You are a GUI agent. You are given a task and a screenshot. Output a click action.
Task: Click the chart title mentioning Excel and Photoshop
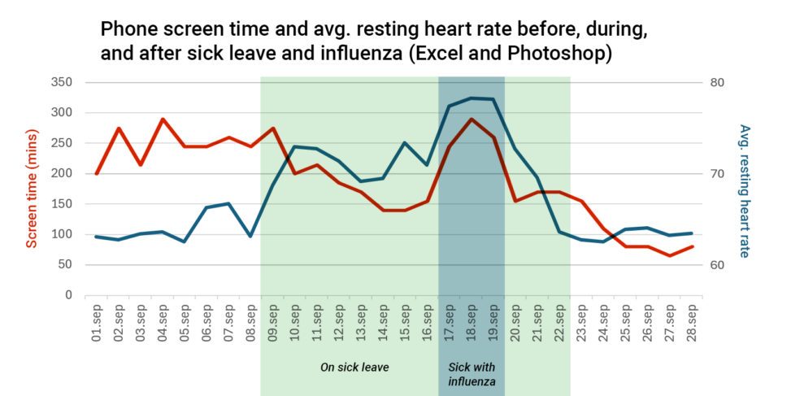pyautogui.click(x=374, y=43)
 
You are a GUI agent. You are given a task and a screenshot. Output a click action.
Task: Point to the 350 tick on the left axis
pyautogui.click(x=62, y=83)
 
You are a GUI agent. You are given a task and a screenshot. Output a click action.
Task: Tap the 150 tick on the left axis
pyautogui.click(x=62, y=204)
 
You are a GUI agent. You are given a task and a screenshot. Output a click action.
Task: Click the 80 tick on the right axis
pyautogui.click(x=719, y=83)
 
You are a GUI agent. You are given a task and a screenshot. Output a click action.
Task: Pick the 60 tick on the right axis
pyautogui.click(x=719, y=265)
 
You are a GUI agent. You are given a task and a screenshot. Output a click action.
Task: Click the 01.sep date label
pyautogui.click(x=97, y=321)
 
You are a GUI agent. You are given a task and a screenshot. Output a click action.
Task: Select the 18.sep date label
pyautogui.click(x=472, y=321)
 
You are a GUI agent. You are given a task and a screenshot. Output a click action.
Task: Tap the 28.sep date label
pyautogui.click(x=692, y=321)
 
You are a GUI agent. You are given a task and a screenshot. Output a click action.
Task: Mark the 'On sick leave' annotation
pyautogui.click(x=354, y=368)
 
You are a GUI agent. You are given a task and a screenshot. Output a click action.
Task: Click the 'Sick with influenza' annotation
pyautogui.click(x=472, y=373)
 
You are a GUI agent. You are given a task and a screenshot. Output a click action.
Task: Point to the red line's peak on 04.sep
pyautogui.click(x=163, y=120)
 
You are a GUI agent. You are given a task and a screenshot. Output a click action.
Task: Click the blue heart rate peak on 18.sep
pyautogui.click(x=472, y=98)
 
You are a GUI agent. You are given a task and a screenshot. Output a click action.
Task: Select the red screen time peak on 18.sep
pyautogui.click(x=472, y=120)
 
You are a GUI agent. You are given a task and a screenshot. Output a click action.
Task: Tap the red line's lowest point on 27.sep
pyautogui.click(x=670, y=256)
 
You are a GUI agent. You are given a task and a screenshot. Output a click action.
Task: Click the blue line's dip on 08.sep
pyautogui.click(x=250, y=236)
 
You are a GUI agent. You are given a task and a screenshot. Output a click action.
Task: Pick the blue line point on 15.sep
pyautogui.click(x=405, y=143)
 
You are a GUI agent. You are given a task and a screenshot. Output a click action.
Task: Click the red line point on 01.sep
pyautogui.click(x=97, y=173)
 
